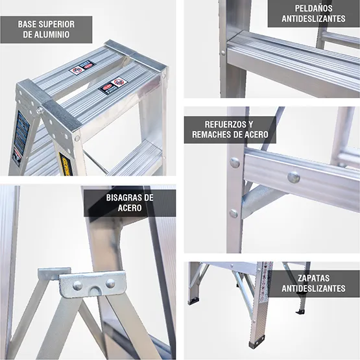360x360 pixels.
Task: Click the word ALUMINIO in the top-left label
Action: point(53,34)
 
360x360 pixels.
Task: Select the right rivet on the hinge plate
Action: point(110,283)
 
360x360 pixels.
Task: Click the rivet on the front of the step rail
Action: point(294,176)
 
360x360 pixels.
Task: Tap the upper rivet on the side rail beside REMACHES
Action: point(235,163)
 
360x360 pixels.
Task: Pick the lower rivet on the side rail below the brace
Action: point(234,213)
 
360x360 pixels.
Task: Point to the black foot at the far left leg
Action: point(194,301)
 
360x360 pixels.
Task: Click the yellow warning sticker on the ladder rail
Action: point(65,163)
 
